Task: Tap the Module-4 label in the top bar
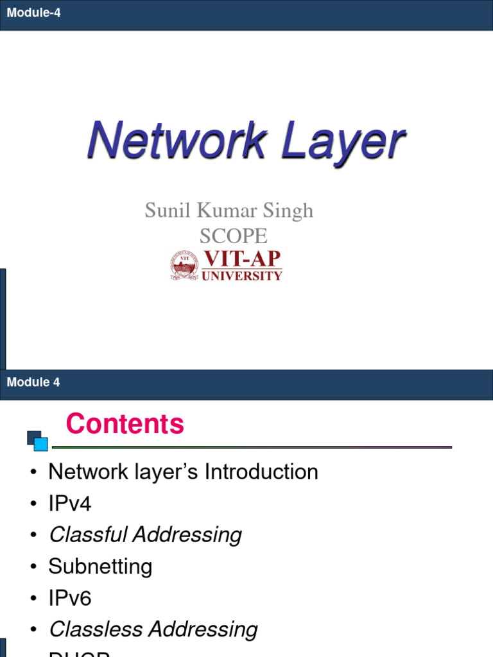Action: click(x=33, y=12)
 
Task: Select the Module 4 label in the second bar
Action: click(x=33, y=382)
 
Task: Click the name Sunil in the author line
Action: click(x=166, y=210)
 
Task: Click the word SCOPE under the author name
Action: click(x=232, y=236)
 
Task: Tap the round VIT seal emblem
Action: click(x=184, y=266)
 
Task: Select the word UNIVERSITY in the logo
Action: click(x=243, y=276)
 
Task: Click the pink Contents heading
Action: click(x=125, y=424)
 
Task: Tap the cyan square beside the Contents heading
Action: click(x=40, y=443)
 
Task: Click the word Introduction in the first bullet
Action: click(x=261, y=472)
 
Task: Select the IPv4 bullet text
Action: click(x=70, y=504)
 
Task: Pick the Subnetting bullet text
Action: click(x=100, y=567)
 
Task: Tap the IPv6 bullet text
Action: click(x=70, y=599)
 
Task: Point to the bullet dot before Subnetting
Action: click(x=33, y=568)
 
